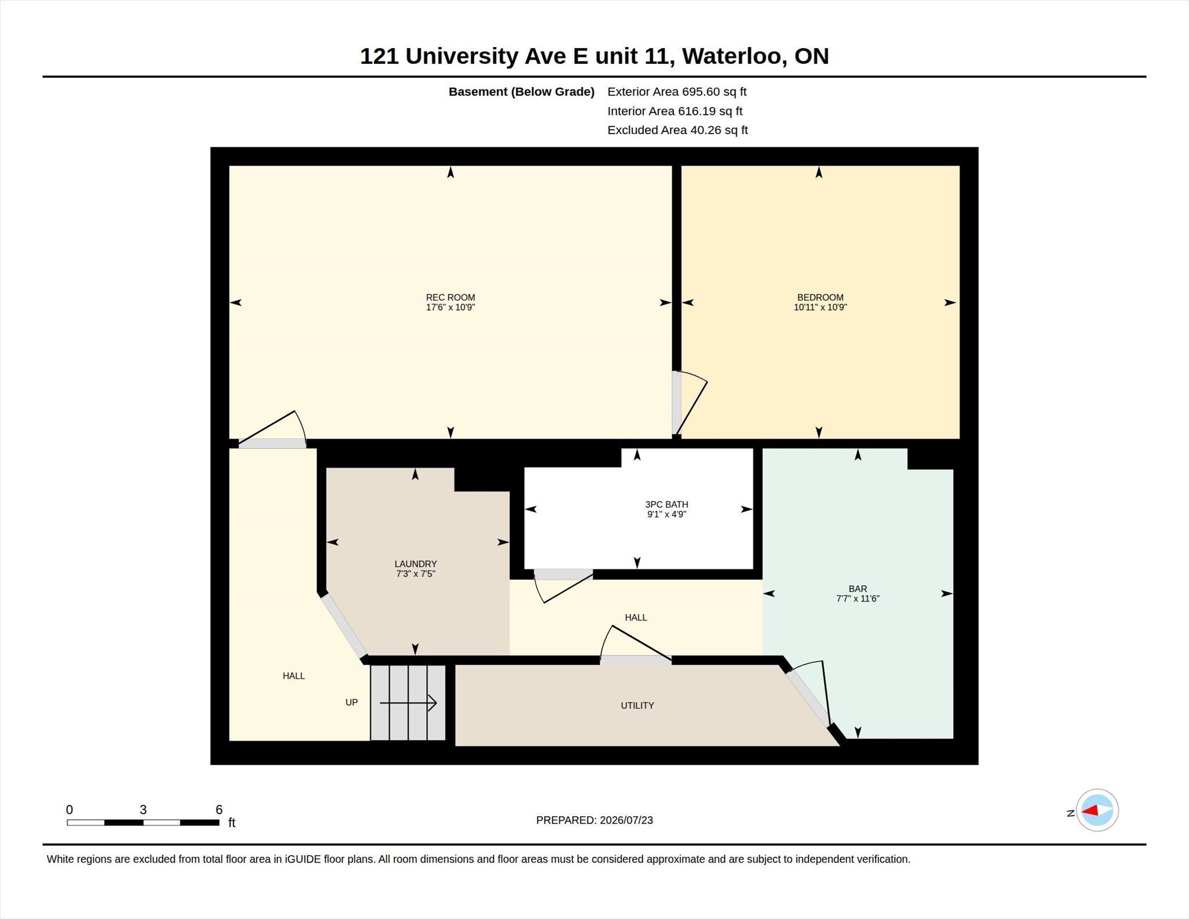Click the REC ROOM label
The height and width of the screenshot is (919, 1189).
tap(451, 297)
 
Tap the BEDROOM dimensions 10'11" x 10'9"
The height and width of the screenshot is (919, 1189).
tap(820, 307)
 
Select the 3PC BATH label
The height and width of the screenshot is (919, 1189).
tap(666, 504)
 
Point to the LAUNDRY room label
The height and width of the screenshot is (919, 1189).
tap(416, 564)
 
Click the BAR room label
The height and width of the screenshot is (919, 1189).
tap(857, 589)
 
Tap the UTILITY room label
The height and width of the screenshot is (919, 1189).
tap(637, 705)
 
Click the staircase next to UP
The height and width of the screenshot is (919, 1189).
tap(408, 702)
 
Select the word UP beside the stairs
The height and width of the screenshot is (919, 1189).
tap(351, 702)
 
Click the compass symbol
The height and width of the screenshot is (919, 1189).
tap(1097, 810)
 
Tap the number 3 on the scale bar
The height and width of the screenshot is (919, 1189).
tap(143, 810)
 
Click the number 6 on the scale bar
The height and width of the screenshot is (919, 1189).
tap(219, 810)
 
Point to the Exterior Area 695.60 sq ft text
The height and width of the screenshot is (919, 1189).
tap(677, 92)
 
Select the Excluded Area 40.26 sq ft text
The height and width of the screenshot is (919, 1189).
tap(678, 130)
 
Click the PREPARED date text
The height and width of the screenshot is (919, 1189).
tap(594, 820)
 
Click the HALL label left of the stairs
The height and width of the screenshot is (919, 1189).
tap(294, 676)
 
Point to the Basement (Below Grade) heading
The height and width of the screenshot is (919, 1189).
tap(521, 92)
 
